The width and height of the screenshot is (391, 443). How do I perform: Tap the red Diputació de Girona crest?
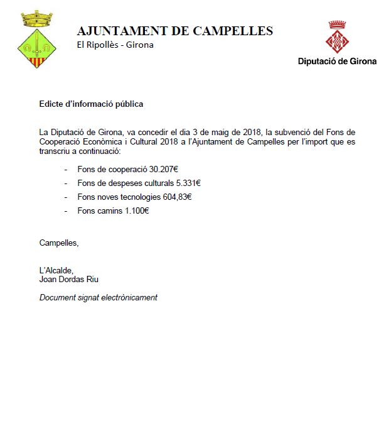point(338,38)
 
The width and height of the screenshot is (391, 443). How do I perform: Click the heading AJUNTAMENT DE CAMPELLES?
point(174,31)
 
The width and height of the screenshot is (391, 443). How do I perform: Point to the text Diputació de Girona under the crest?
point(337,62)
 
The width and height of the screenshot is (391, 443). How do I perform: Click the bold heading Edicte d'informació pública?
point(91,104)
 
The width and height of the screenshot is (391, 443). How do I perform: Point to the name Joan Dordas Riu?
point(70,280)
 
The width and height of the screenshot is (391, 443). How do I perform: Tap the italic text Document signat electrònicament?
point(98,297)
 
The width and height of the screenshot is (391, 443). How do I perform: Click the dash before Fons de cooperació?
point(67,170)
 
